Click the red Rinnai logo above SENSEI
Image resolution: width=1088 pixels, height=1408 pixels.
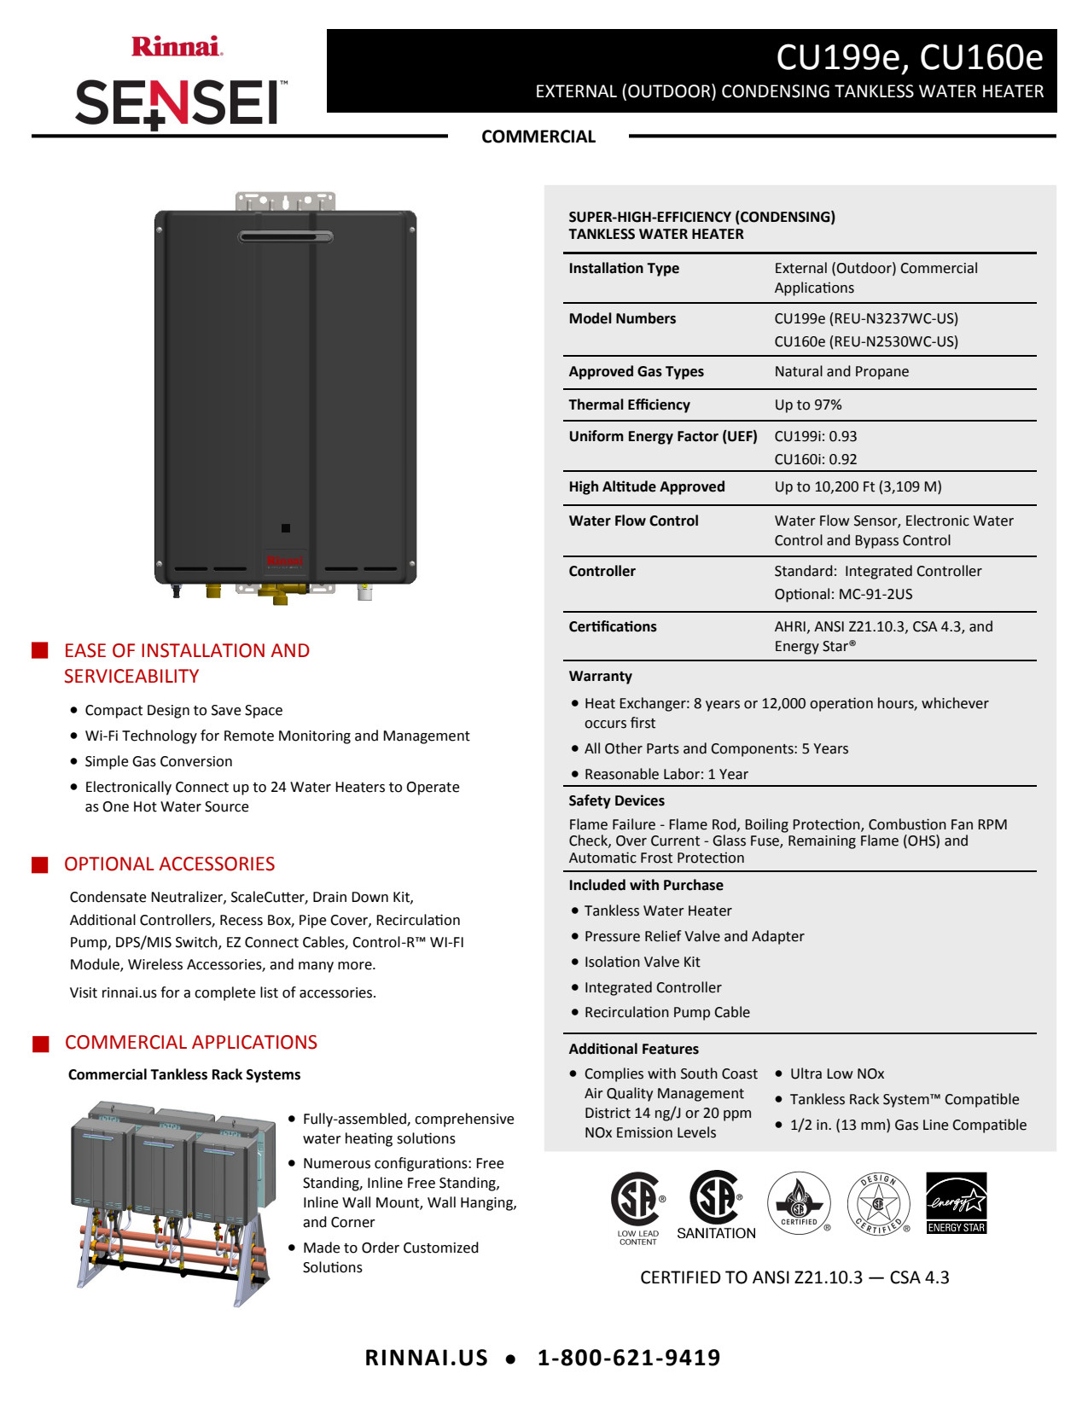[x=177, y=46]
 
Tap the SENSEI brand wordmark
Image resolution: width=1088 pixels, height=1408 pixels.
[x=180, y=103]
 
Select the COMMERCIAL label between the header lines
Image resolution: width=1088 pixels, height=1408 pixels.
[x=538, y=137]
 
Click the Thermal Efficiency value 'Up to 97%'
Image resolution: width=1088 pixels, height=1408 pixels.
[x=807, y=404]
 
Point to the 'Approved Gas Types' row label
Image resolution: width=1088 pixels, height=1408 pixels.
[x=636, y=371]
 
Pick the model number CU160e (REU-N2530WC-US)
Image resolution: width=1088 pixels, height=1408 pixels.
[x=865, y=341]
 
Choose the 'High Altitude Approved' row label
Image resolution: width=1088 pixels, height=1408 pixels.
[x=646, y=486]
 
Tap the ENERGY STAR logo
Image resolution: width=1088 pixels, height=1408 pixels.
[x=956, y=1202]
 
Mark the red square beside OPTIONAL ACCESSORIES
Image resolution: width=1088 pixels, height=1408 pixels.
[x=40, y=864]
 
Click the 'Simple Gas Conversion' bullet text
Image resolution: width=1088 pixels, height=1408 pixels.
[x=158, y=761]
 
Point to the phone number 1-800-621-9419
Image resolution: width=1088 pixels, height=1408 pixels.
[x=629, y=1358]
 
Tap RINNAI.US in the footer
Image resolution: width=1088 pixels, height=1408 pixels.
[x=426, y=1358]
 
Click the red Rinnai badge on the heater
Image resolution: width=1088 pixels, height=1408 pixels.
[x=284, y=561]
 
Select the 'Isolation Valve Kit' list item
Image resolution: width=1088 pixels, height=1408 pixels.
[x=642, y=962]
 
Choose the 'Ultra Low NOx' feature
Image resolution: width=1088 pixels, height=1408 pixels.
[x=836, y=1073]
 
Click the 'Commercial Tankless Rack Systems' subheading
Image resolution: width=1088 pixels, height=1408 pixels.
[x=184, y=1074]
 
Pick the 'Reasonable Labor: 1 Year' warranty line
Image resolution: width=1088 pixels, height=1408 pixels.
[x=666, y=774]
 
